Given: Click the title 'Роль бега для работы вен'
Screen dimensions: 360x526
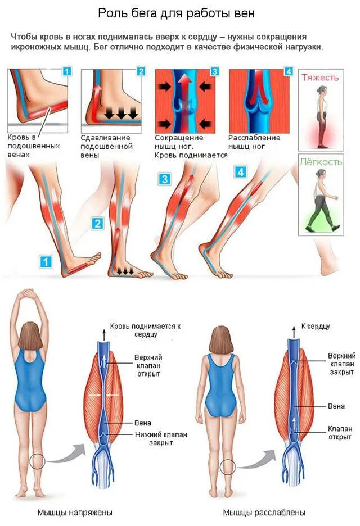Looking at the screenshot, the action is (x=179, y=12).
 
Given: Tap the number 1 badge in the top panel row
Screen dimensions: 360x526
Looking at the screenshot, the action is (x=67, y=71).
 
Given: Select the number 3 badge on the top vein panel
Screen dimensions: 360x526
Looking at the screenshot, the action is (x=214, y=71).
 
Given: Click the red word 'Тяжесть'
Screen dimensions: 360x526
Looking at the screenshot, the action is (x=320, y=77).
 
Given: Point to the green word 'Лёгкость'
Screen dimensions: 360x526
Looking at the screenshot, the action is (x=320, y=162).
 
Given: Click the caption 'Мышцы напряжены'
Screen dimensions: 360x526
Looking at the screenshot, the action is (x=75, y=513).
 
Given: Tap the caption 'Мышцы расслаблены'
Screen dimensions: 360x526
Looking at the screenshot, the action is (x=264, y=513).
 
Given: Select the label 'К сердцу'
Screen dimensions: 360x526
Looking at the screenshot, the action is (x=316, y=326).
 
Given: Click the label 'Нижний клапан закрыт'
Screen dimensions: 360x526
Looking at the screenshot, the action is (x=161, y=438).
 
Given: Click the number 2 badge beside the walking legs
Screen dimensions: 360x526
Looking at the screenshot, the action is (x=98, y=224).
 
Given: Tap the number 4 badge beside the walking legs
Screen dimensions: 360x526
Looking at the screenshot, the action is (x=241, y=172).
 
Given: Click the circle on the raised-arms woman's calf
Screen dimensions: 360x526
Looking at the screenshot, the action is (x=38, y=461).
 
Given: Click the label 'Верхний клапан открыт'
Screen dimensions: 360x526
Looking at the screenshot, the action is (x=149, y=365).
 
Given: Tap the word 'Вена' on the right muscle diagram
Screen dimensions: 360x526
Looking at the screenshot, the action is (x=336, y=406).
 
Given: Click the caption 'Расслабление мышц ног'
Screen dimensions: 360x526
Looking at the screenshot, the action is (x=254, y=142).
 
